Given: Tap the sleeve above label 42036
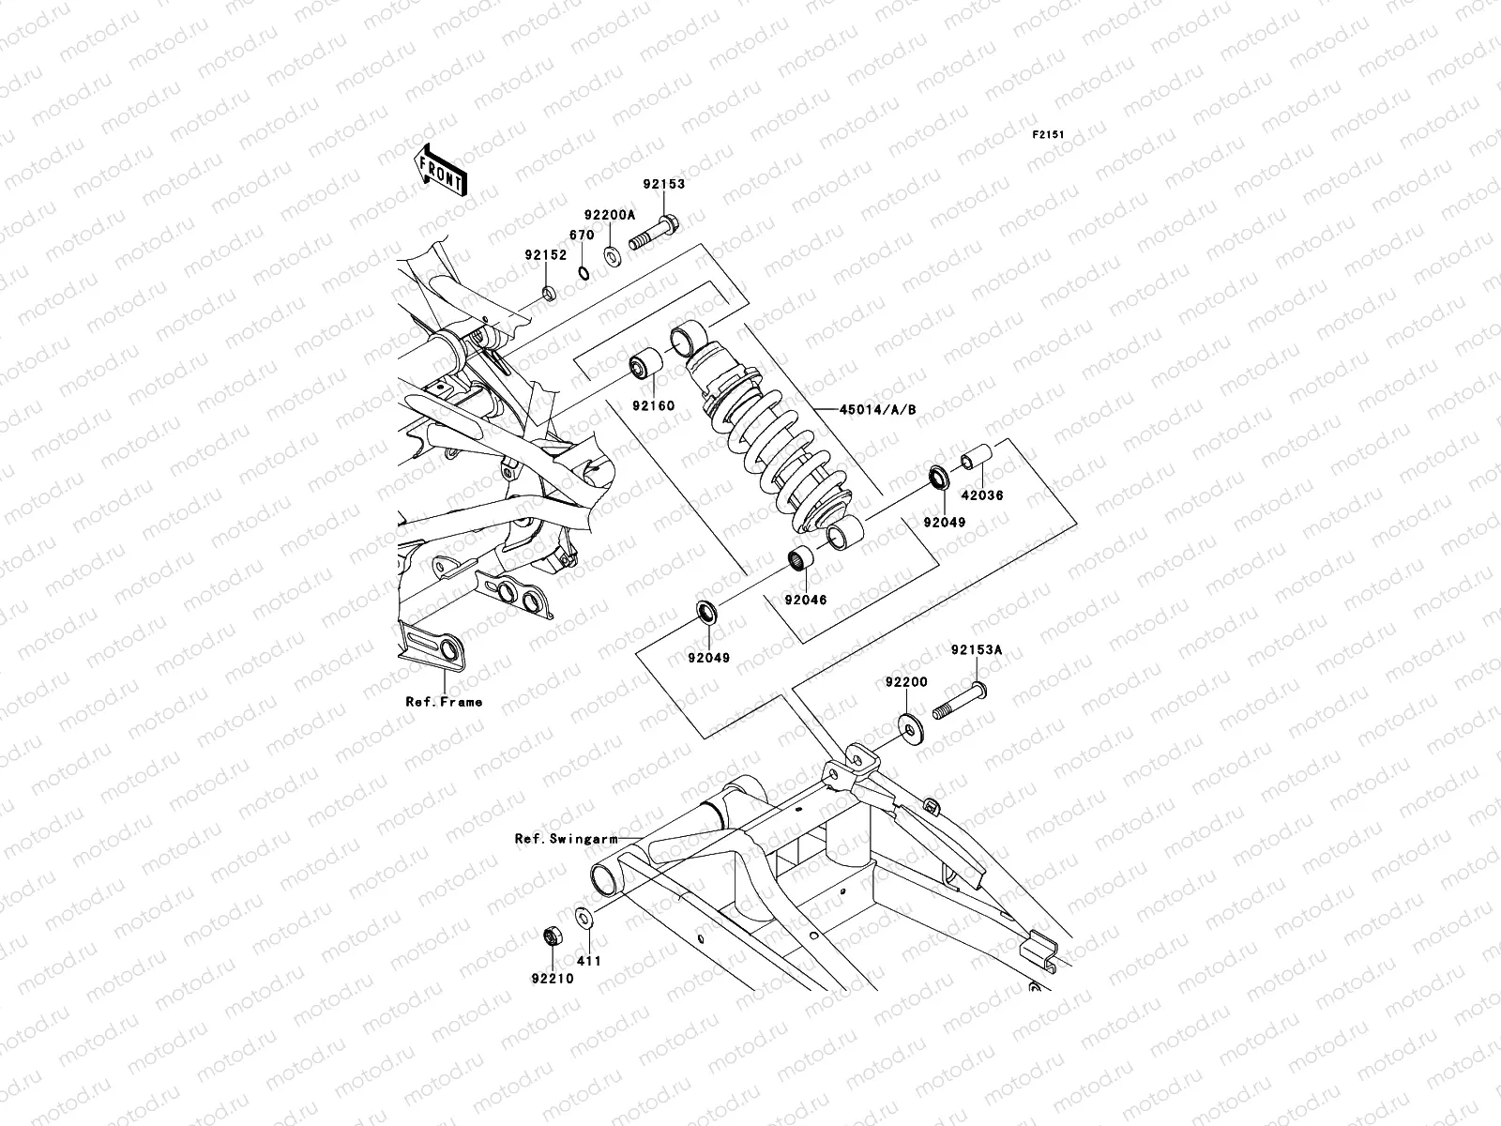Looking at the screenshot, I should pos(970,460).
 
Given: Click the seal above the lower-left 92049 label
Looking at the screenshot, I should pos(707,613).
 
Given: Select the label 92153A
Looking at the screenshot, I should pos(977,648).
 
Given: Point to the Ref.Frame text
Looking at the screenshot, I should pos(444,701).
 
